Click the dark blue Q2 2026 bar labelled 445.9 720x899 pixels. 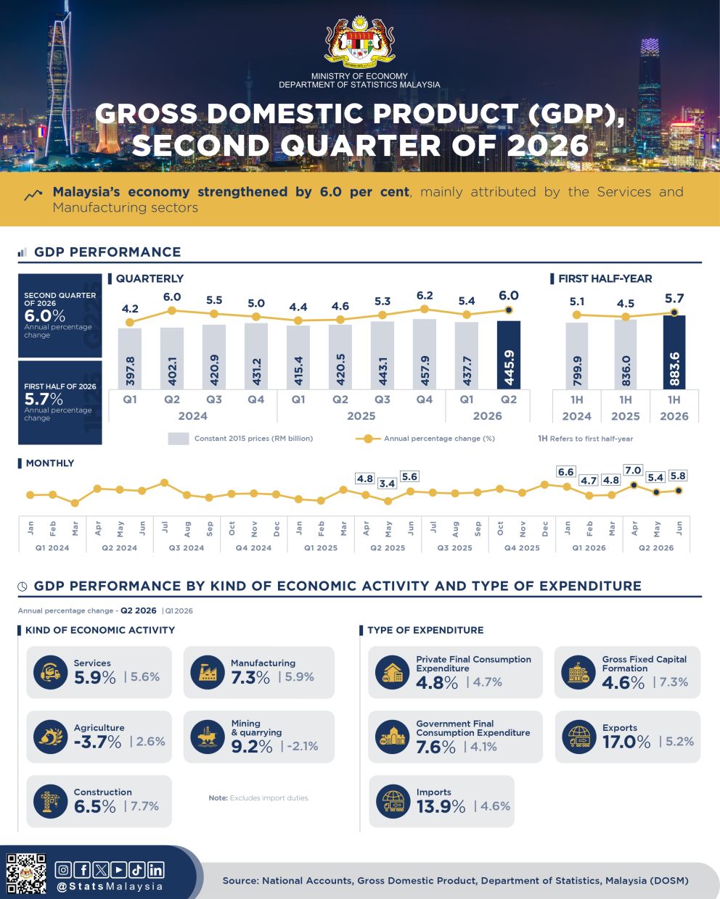point(508,355)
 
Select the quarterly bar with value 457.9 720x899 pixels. point(424,355)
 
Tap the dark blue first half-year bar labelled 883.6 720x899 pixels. point(674,352)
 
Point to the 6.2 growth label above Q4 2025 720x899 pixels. point(424,295)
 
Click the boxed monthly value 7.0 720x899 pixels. point(633,471)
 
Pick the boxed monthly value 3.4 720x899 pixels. point(387,484)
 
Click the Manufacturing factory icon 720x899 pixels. point(208,672)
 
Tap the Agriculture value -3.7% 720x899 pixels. point(97,742)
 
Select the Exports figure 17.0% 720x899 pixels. point(626,742)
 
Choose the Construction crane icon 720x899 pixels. point(50,801)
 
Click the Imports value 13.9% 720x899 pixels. point(441,806)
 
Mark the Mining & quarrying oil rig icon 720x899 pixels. point(208,737)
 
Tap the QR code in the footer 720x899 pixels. point(26,874)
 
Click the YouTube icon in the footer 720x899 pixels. point(119,870)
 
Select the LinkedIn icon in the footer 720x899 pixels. point(155,870)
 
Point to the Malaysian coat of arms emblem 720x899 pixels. point(359,42)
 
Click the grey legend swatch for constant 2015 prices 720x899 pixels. point(179,439)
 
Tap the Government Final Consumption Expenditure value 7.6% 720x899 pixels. point(435,747)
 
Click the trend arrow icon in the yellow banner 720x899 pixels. point(33,195)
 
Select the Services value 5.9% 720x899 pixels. point(94,678)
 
